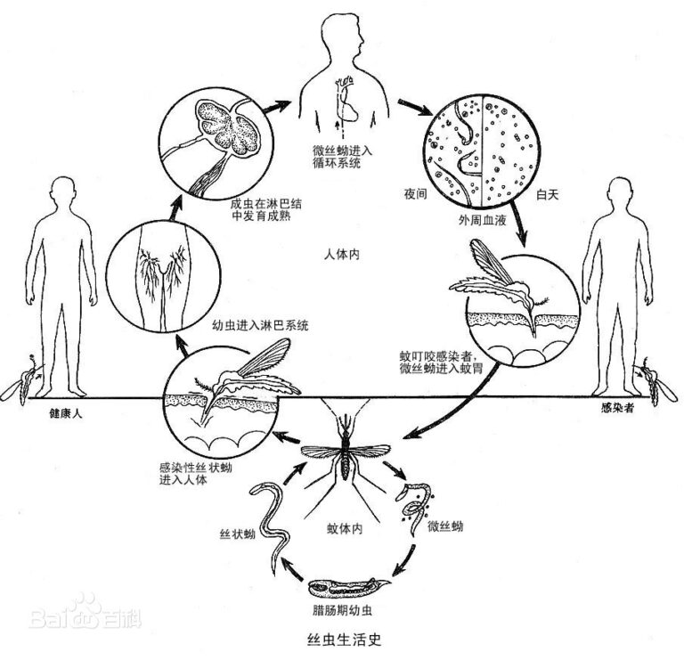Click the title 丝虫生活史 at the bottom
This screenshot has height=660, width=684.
pyautogui.click(x=342, y=639)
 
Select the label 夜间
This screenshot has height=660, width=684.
pyautogui.click(x=403, y=191)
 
